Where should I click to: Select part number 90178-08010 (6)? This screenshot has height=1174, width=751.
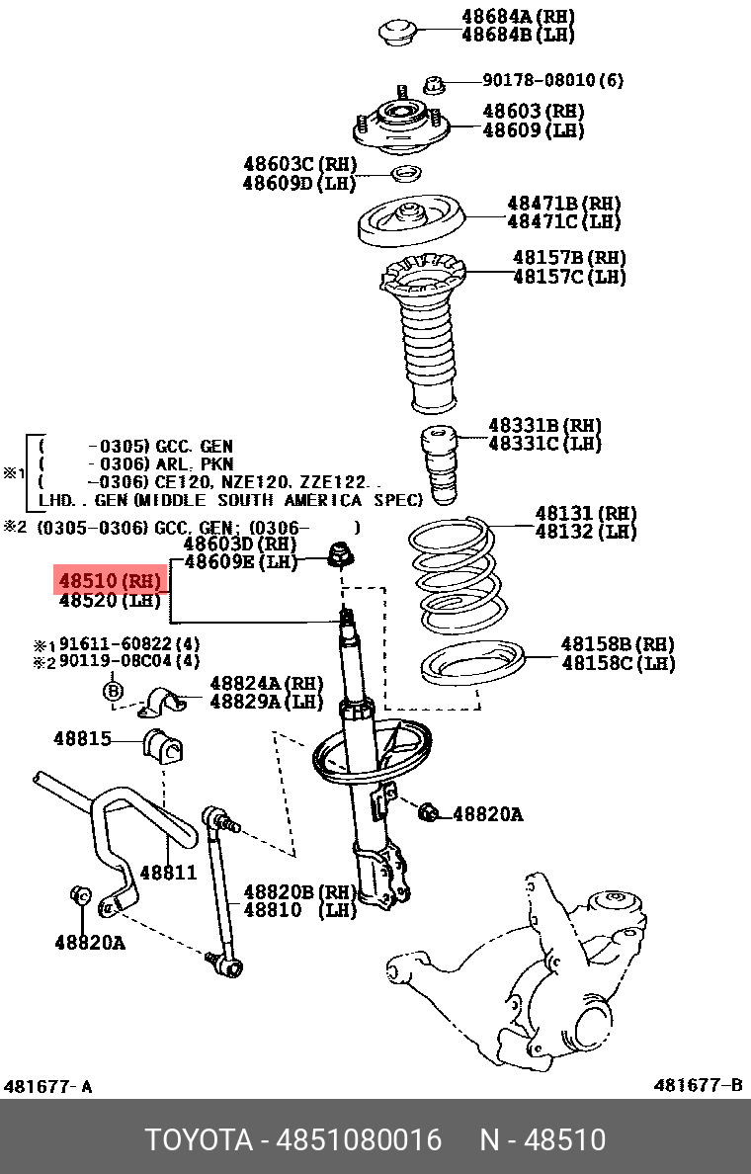(x=552, y=80)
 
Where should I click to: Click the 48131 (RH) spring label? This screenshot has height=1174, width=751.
(x=585, y=513)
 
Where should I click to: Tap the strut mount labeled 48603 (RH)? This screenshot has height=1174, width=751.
(x=399, y=125)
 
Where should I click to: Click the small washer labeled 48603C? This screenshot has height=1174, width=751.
(x=404, y=175)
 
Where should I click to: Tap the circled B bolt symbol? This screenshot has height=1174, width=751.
(x=113, y=690)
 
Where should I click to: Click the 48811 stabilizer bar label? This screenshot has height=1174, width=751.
(x=167, y=873)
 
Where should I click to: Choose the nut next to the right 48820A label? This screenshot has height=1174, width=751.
(x=428, y=813)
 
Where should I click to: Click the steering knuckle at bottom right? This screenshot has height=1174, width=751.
(x=553, y=959)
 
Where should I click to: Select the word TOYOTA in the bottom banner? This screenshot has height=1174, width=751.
(x=199, y=1139)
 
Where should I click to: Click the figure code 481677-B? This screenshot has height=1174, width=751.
(x=697, y=1086)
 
